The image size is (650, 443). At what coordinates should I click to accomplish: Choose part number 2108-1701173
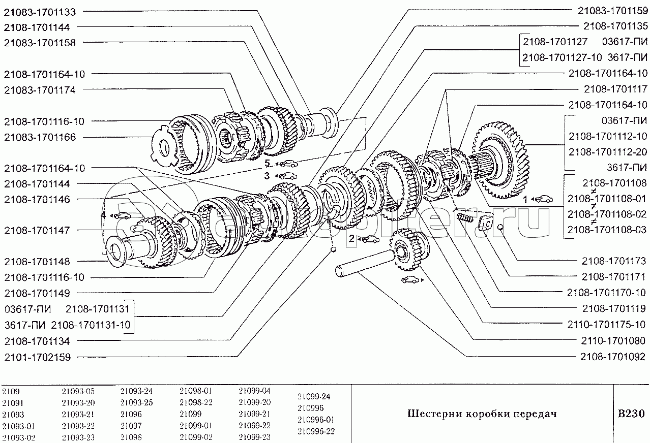coord(614,261)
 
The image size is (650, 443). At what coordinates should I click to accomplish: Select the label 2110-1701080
coord(614,340)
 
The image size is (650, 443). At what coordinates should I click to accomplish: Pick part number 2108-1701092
coord(614,356)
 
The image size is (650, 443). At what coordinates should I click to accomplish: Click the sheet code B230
coord(631,414)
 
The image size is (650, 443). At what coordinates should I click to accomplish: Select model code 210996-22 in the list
coord(316,431)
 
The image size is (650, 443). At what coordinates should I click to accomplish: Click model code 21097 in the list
coord(131,426)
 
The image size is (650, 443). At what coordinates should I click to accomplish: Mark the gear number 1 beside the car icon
coord(526,200)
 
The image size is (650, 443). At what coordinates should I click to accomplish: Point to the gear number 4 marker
coord(103,215)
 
